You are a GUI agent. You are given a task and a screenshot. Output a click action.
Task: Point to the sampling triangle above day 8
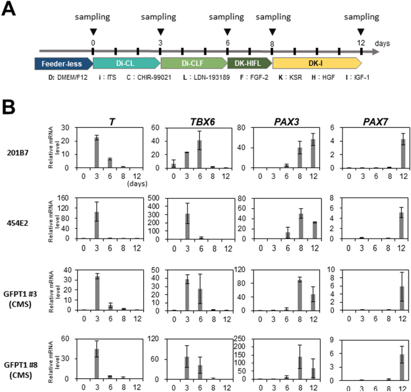point(272,31)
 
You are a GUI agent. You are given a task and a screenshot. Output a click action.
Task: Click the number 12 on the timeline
point(361,42)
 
